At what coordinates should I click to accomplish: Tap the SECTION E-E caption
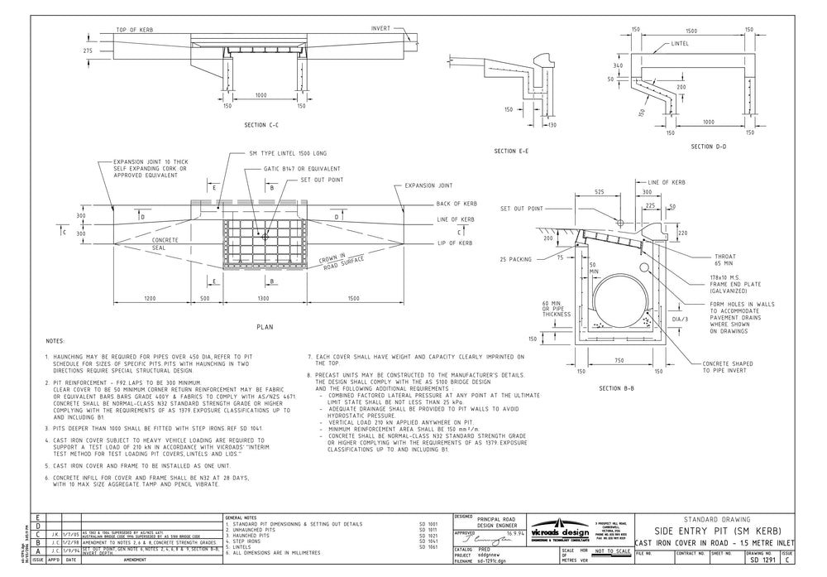click(x=511, y=151)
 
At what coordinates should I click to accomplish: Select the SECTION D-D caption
click(x=691, y=147)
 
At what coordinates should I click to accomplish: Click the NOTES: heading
click(x=55, y=340)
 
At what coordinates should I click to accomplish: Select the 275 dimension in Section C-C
click(x=88, y=50)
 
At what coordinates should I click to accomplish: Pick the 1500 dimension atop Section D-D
click(x=691, y=30)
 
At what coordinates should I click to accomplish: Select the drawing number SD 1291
click(x=764, y=560)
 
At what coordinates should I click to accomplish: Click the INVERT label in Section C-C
click(x=380, y=28)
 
